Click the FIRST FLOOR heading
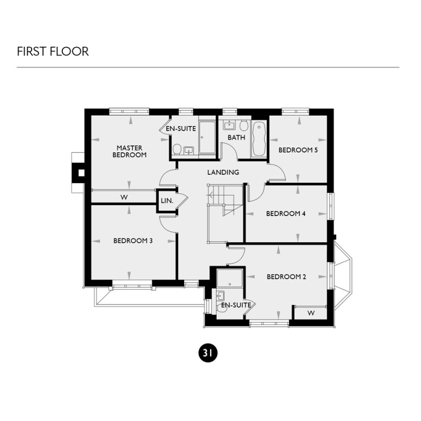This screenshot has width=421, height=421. pos(53,51)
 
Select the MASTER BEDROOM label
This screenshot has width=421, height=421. pos(130,151)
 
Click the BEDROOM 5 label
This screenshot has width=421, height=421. pos(298,150)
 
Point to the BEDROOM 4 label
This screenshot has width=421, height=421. pos(286,213)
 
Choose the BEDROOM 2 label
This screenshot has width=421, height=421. pos(286,277)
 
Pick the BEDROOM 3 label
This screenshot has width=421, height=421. pos(133,241)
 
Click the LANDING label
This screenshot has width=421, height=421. pos(223,172)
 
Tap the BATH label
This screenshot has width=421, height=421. pos(236,138)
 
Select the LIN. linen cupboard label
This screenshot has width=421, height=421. pos(167,201)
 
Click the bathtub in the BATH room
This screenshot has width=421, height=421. pos(258,139)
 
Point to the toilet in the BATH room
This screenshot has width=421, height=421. pos(244,125)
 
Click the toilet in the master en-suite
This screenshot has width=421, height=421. pos(177,149)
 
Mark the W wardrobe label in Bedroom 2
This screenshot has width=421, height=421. pos(311,313)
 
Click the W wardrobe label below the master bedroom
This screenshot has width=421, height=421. pos(124,197)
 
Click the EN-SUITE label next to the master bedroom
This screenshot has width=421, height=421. pos(181,129)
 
